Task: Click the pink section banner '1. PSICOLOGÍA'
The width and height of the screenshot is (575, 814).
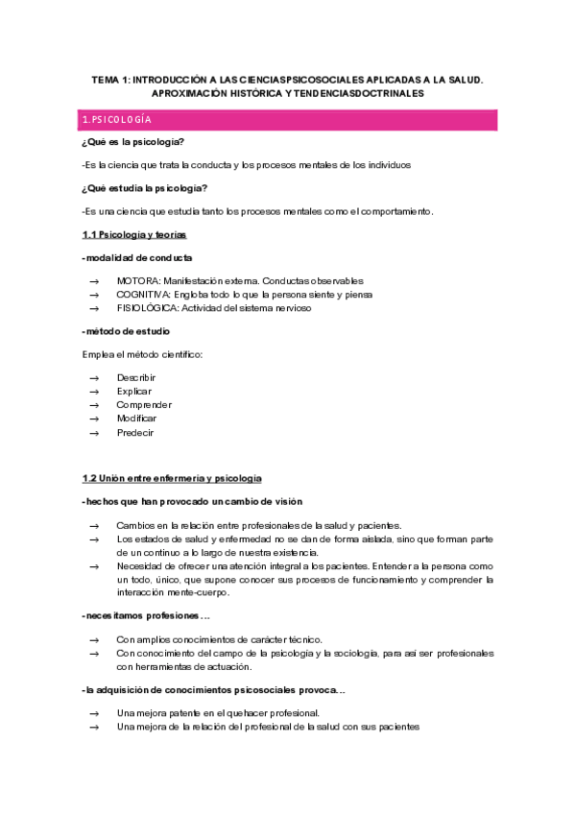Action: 288,120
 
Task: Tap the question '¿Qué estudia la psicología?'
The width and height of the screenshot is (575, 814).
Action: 145,187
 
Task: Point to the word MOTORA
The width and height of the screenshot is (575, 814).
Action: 138,280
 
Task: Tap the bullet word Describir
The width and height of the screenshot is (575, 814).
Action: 136,377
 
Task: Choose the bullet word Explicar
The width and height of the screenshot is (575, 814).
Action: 134,392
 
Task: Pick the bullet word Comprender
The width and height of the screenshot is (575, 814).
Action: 144,405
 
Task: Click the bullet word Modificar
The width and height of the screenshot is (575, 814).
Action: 137,419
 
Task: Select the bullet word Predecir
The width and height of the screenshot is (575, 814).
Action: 135,432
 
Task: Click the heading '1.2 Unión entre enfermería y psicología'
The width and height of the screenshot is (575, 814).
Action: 172,478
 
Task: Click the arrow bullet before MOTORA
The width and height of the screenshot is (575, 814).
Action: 94,280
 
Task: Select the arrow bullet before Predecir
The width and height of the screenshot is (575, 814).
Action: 94,432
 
